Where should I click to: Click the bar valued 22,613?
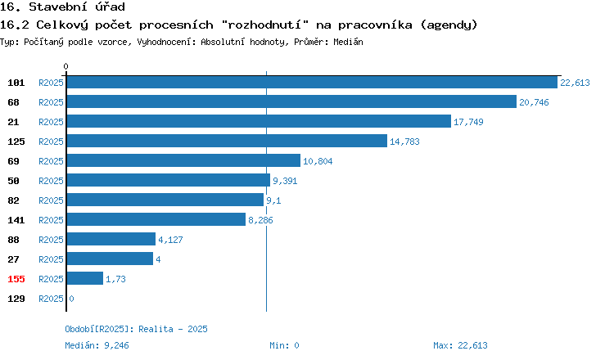tap(312, 82)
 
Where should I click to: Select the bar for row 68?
tap(291, 101)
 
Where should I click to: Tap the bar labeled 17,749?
tap(259, 121)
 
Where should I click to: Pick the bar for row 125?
tap(227, 141)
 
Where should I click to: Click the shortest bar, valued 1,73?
tap(85, 278)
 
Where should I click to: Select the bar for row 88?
tap(111, 239)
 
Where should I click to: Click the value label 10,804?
tap(318, 161)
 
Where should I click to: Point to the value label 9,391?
tap(285, 181)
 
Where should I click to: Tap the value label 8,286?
tap(260, 220)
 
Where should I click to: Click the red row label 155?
tap(16, 279)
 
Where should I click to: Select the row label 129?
tap(16, 299)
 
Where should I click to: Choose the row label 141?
tap(16, 220)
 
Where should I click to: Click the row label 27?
tap(13, 259)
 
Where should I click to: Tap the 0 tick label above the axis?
tap(65, 66)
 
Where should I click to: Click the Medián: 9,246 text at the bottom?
tap(97, 345)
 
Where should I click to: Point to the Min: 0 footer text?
tap(284, 345)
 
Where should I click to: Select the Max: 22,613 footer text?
tap(460, 345)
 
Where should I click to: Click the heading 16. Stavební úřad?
tap(62, 7)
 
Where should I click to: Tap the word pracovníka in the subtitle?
tap(375, 25)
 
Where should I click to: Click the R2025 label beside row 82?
tap(51, 200)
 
